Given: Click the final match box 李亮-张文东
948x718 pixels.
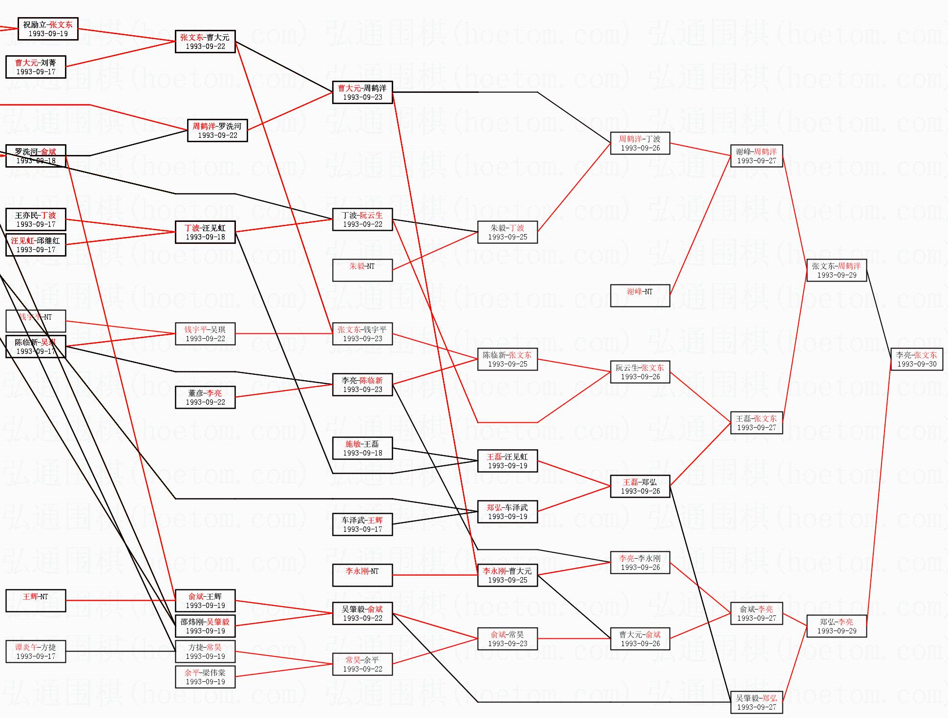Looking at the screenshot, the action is (916, 359).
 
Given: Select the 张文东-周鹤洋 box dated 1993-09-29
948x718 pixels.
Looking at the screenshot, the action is (836, 270).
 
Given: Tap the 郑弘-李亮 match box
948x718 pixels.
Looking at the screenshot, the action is (836, 626).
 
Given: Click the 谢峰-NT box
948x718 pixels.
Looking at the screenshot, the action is (639, 296).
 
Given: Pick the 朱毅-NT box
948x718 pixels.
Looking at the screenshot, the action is (362, 270).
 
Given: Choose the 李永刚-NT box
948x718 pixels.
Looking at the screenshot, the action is (362, 575).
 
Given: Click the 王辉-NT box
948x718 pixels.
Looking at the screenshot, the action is (36, 601).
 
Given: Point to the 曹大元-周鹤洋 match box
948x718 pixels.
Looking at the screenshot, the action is (362, 92).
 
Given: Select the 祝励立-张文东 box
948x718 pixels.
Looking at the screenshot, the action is (48, 29).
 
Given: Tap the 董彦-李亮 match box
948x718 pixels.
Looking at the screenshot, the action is (205, 397).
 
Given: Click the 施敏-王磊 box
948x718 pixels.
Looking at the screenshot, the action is (362, 448).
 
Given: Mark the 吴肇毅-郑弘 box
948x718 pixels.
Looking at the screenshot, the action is (756, 702).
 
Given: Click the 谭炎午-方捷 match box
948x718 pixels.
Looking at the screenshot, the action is (36, 652).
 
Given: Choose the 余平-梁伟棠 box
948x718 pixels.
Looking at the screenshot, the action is (205, 677).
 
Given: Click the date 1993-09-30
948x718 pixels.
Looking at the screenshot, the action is (916, 364).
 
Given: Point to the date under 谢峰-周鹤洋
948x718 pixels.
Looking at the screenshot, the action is (756, 161).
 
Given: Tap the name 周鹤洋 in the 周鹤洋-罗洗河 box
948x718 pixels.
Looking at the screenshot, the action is (203, 126).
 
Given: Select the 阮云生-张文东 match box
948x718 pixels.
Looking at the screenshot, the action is (640, 372).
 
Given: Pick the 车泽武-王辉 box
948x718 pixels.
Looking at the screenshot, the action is (362, 524).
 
